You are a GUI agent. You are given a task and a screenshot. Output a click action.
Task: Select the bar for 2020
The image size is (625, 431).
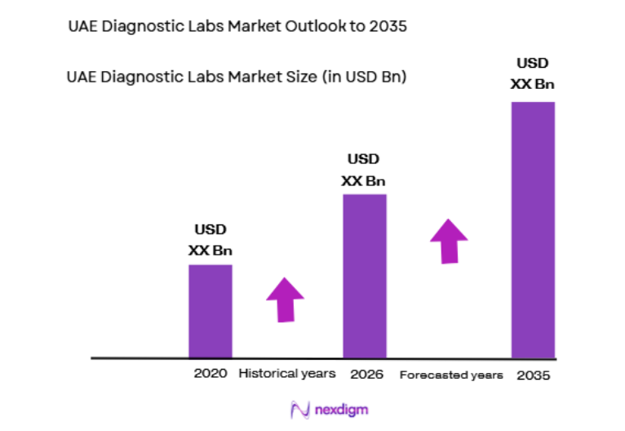[x=211, y=311]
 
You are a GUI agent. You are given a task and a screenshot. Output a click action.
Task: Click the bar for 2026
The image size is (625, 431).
[x=364, y=276]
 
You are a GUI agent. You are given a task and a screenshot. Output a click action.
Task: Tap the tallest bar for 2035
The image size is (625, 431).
[x=533, y=229]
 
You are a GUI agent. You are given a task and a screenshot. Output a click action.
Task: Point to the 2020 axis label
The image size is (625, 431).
[x=211, y=375]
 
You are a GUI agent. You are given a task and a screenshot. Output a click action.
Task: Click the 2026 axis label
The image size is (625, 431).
[x=367, y=375]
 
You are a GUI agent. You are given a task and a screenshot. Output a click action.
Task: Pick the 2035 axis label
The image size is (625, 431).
[x=534, y=376]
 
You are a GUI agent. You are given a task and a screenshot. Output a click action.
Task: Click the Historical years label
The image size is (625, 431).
[x=286, y=374]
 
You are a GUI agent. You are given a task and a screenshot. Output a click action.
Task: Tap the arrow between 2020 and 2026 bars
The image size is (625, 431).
[x=285, y=299]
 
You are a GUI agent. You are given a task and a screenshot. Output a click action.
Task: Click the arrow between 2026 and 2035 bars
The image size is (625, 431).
[x=449, y=240]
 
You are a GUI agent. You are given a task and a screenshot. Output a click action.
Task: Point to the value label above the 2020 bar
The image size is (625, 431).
[x=211, y=240]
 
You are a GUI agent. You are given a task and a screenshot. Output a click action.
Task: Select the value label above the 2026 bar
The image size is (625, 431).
[x=364, y=170]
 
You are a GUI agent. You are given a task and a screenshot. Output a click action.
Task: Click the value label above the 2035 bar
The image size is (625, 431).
[x=533, y=73]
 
